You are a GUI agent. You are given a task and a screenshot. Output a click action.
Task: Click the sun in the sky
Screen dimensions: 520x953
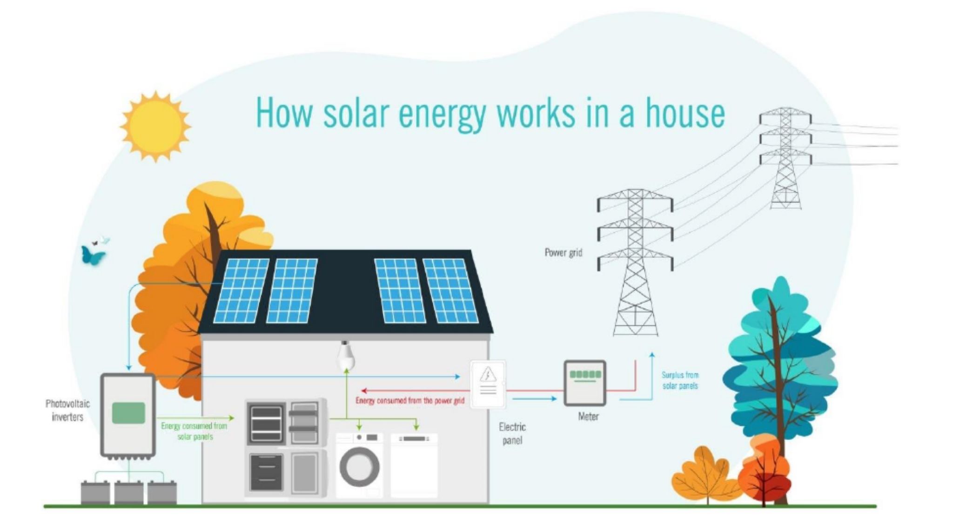pos(155,127)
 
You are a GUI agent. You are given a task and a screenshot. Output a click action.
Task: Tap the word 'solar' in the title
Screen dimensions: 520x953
pos(356,113)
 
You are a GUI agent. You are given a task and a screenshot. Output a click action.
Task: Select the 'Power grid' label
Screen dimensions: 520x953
pos(563,253)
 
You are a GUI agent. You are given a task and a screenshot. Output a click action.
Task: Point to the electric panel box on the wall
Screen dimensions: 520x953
pos(487,384)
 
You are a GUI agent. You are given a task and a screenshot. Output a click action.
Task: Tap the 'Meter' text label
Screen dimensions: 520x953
pos(588,417)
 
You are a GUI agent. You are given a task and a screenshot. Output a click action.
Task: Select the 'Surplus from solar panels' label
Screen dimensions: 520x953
pos(680,380)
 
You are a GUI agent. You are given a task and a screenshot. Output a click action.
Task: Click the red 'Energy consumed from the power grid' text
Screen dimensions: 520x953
pos(409,401)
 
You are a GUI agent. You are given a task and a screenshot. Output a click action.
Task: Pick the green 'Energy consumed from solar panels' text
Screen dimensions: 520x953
pos(194,431)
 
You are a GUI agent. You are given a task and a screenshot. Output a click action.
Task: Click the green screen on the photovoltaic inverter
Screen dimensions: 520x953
pos(129,413)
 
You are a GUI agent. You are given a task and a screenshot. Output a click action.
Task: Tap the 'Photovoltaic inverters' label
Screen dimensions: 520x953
pos(67,410)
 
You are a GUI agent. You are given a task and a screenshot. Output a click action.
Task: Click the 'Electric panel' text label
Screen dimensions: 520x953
pos(512,433)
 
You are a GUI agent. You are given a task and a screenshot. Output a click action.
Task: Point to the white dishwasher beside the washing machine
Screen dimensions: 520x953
pos(414,466)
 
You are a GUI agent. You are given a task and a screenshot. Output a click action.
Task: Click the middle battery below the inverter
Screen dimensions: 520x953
pos(129,493)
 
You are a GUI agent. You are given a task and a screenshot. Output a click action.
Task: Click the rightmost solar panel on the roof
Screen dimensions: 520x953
pos(450,290)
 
